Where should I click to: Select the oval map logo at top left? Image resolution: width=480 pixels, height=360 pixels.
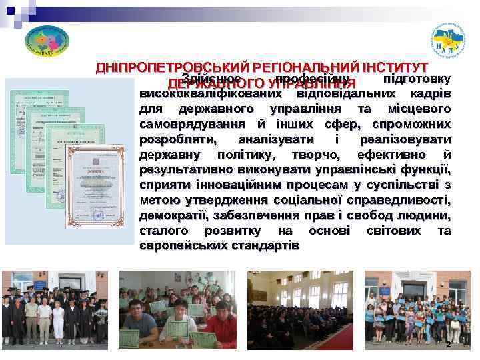click(x=47, y=41)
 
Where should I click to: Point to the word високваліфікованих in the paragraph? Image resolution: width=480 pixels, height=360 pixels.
click(x=200, y=94)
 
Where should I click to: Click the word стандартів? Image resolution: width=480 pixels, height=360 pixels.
click(x=267, y=246)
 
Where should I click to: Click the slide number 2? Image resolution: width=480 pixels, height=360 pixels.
click(x=448, y=345)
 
